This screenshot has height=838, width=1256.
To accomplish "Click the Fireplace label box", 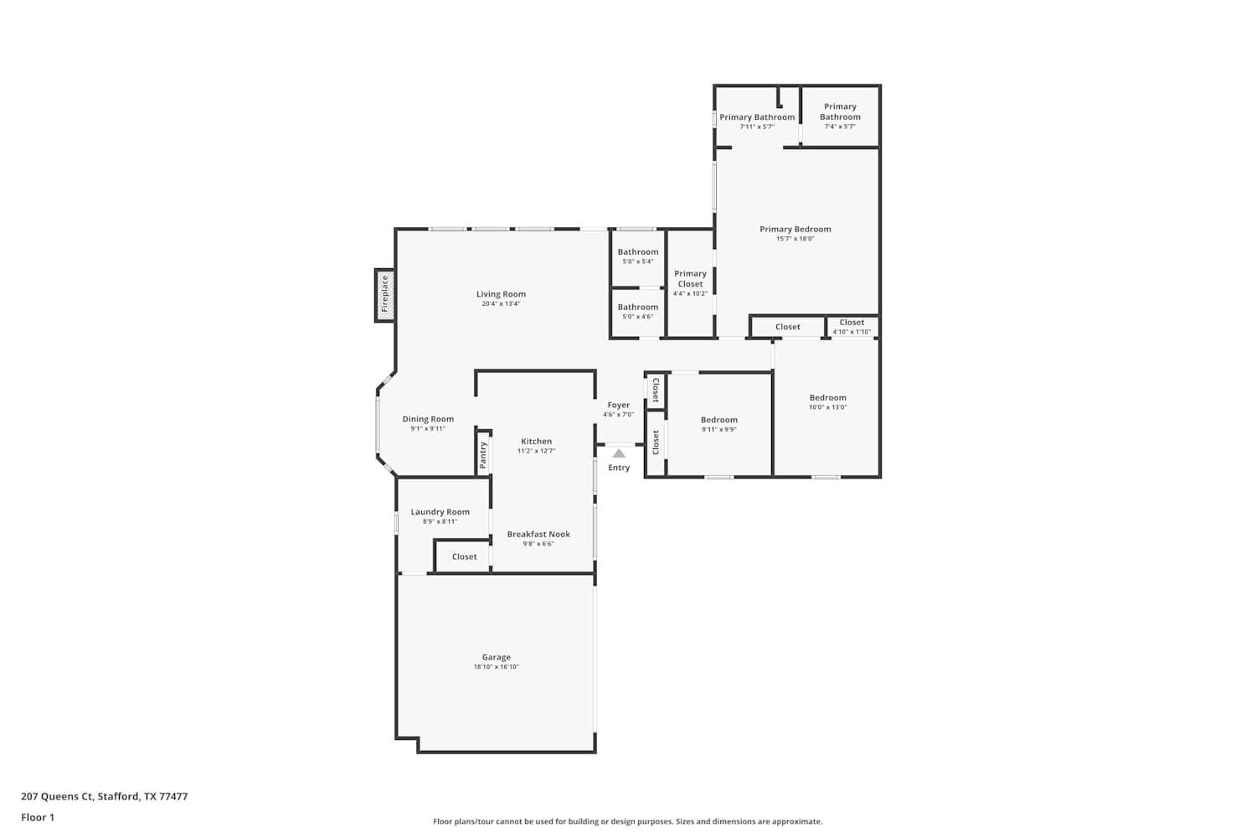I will coord(385,294).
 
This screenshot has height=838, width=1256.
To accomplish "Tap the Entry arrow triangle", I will coord(619,453).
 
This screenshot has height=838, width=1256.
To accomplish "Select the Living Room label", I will coord(501,294).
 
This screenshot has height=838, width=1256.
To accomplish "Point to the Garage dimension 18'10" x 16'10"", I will coord(497,667).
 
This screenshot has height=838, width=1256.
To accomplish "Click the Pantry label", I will coord(483,455).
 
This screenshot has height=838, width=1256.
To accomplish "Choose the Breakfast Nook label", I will coord(538,534).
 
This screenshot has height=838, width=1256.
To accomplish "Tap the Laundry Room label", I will coord(440,512).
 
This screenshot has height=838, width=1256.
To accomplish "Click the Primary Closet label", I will coord(690,278).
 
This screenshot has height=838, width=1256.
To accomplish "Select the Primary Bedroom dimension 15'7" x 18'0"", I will coord(795,239).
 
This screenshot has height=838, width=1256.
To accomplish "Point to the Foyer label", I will coord(619,406).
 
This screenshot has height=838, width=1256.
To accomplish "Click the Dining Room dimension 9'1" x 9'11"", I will coord(428,429).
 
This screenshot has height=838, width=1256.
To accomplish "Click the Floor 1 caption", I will coord(38,818).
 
